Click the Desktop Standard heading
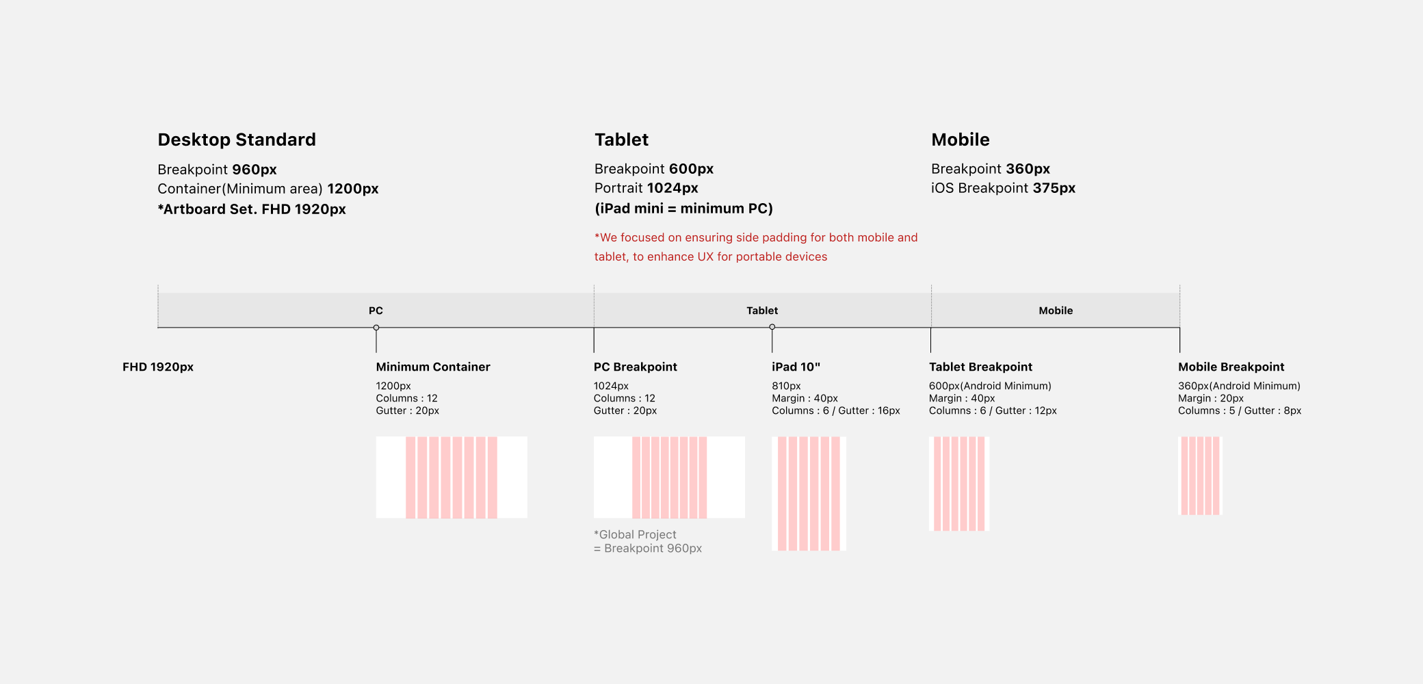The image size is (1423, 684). click(237, 140)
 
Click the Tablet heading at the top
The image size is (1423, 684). click(621, 140)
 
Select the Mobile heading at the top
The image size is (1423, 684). click(961, 140)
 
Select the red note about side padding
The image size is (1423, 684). click(756, 247)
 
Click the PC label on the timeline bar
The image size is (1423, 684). click(376, 311)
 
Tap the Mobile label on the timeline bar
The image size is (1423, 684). click(1056, 311)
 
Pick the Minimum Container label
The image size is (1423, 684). click(433, 367)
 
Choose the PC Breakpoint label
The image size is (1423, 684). click(636, 367)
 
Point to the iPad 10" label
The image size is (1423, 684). click(796, 367)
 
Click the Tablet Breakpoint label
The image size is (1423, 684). click(980, 367)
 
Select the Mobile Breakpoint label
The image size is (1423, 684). click(1231, 367)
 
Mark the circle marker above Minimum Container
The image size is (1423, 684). click(376, 328)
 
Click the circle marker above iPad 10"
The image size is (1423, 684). click(772, 327)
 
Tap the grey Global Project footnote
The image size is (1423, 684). click(648, 541)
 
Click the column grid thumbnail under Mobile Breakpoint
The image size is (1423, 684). click(1201, 476)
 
